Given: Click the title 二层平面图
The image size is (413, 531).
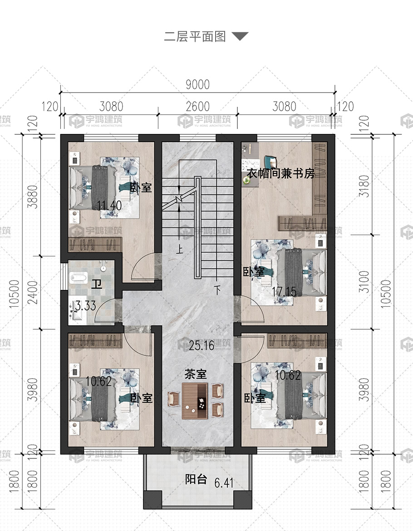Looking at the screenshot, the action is click(195, 36).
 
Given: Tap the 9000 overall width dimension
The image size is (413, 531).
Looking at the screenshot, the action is click(198, 84).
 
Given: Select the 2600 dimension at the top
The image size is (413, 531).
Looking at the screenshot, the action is click(198, 106).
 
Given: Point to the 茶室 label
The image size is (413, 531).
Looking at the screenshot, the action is click(195, 374).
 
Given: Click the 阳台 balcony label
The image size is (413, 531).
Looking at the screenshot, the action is click(196, 479).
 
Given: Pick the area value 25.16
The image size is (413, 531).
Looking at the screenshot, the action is click(202, 345).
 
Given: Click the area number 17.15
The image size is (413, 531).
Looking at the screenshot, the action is click(284, 291).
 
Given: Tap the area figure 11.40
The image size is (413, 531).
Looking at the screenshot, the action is click(109, 205).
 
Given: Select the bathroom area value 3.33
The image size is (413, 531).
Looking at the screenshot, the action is click(86, 305).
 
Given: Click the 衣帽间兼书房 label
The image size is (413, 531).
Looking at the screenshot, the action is click(280, 173).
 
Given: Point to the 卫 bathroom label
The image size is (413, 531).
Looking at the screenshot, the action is click(97, 284).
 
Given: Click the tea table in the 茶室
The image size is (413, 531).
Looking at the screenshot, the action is click(195, 401).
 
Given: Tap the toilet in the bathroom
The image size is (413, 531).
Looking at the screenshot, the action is click(78, 278).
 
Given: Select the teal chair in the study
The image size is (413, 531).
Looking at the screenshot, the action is click(270, 162).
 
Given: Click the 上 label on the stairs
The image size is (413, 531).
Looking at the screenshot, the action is click(179, 250).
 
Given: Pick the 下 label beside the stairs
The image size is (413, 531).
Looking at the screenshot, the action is click(217, 290).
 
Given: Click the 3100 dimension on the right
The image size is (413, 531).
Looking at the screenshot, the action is click(364, 282).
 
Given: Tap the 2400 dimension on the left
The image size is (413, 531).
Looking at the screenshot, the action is click(33, 292).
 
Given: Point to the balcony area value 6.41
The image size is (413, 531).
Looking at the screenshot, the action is click(224, 482).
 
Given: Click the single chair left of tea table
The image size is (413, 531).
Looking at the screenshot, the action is click(174, 398).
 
